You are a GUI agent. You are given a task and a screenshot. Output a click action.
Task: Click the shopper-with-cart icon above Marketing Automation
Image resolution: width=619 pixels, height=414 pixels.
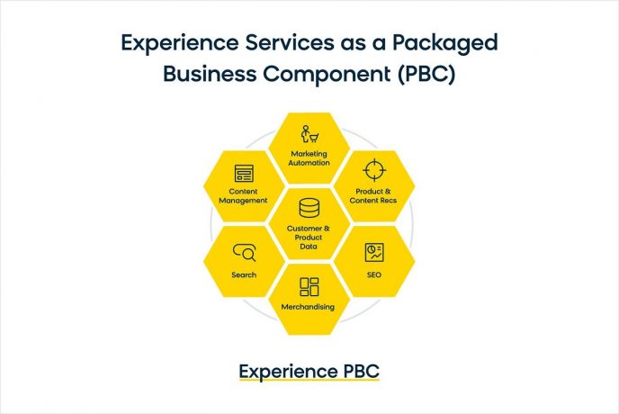pos(309,134)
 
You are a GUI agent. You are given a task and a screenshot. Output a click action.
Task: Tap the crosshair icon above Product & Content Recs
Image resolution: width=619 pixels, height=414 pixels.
pos(374,170)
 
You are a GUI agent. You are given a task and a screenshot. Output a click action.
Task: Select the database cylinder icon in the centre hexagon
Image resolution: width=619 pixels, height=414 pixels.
pos(309,208)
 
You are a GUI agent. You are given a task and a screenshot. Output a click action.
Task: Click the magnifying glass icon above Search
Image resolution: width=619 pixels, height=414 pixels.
pos(245,252)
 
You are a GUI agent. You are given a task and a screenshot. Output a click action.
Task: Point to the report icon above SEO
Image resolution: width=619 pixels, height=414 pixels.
pos(374,252)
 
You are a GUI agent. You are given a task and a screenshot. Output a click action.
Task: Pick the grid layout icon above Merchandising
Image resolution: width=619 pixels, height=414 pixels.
pos(309,286)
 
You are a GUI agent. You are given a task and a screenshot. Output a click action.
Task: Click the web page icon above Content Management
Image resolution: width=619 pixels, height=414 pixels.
pos(244,173)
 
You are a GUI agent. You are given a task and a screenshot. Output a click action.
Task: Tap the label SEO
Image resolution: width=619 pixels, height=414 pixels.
pos(374,274)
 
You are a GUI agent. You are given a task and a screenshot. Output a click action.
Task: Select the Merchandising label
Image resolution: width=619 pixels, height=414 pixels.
pos(308,307)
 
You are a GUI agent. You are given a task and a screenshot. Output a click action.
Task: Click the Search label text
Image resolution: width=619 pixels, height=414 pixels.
pos(244,274)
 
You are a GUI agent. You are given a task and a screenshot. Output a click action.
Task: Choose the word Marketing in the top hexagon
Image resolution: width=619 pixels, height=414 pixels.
pos(309,154)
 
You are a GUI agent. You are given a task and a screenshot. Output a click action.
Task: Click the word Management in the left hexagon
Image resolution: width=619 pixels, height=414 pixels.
pos(243,201)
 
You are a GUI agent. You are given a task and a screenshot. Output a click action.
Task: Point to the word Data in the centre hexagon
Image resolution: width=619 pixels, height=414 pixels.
pos(309,247)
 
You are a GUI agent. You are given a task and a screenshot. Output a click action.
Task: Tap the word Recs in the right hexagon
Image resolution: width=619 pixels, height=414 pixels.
pos(389,201)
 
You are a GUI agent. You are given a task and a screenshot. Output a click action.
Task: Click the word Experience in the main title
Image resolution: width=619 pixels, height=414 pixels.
pos(180,43)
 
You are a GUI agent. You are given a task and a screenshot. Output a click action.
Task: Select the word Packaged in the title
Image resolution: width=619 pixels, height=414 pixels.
pos(444,43)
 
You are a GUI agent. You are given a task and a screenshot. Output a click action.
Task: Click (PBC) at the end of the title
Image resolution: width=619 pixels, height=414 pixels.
pos(426,74)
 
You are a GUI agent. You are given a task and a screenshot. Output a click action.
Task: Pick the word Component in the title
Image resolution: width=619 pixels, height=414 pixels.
pos(327,75)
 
